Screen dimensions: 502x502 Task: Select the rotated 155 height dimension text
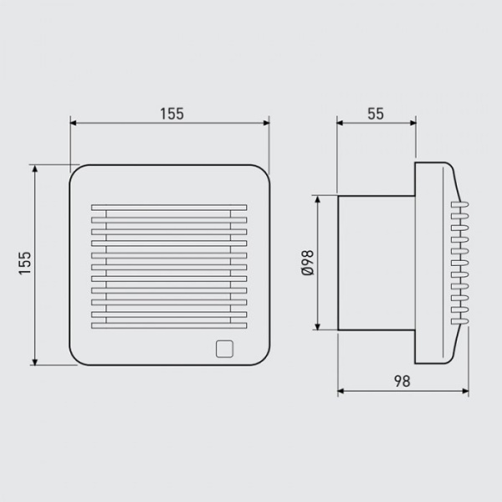pyautogui.click(x=24, y=265)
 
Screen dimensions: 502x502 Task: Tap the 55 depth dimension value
pyautogui.click(x=375, y=113)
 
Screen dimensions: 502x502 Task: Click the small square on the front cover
pyautogui.click(x=223, y=348)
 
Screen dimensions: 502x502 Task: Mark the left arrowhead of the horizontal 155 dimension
pyautogui.click(x=74, y=123)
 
